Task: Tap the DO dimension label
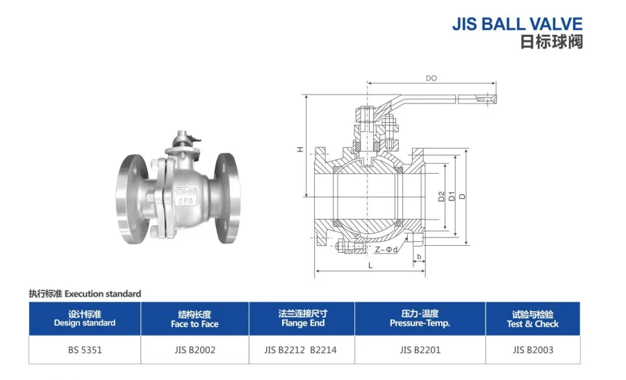click(x=431, y=79)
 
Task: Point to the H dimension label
click(x=300, y=149)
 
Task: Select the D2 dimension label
click(x=441, y=197)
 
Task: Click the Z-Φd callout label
click(x=386, y=249)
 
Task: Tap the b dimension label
click(x=419, y=257)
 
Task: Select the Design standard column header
click(x=85, y=319)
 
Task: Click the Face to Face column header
click(x=195, y=319)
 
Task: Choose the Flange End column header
click(x=302, y=319)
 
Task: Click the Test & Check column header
click(x=532, y=319)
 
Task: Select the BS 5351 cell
click(x=85, y=350)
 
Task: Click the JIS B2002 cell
click(x=195, y=350)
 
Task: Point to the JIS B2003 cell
click(x=532, y=350)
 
